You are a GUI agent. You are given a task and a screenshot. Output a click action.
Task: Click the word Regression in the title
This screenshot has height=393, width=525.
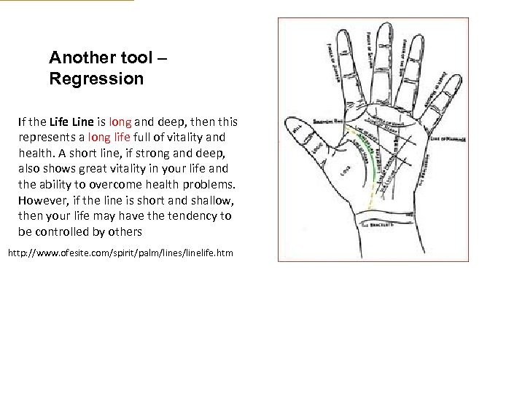tap(96, 78)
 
